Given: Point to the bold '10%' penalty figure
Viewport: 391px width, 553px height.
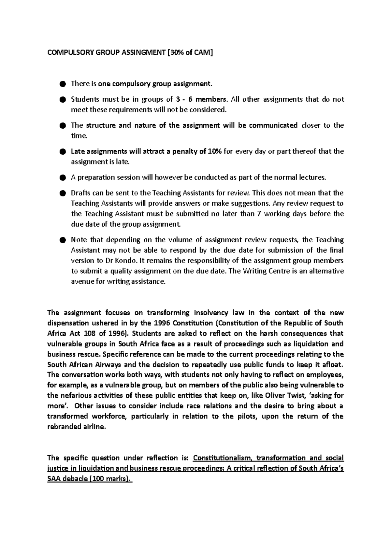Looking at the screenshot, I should pyautogui.click(x=215, y=151).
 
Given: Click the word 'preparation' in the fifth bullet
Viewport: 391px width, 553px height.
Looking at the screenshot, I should pyautogui.click(x=95, y=177).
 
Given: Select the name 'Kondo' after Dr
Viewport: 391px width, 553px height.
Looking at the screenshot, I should pyautogui.click(x=123, y=261).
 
